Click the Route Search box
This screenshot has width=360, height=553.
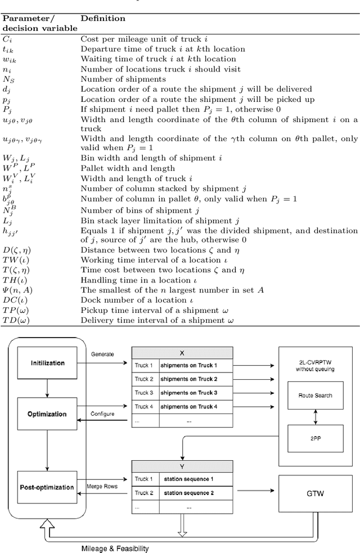point(316,395)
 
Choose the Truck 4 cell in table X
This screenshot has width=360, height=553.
point(145,406)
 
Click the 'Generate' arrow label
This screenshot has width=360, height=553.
point(102,354)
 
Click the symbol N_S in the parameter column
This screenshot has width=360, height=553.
point(9,79)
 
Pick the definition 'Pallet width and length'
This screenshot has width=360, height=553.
point(120,168)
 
